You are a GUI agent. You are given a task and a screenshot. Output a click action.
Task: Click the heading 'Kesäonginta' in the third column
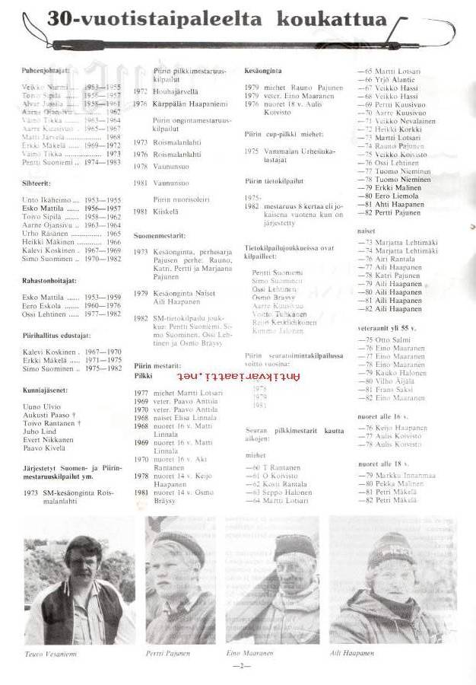pos(265,70)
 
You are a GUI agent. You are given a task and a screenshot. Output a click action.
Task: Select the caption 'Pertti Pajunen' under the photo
pos(169,654)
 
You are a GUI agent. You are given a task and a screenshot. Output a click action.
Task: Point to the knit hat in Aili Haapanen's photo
pos(392,546)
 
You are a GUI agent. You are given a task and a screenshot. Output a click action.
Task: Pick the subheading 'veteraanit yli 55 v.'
pos(389,328)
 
